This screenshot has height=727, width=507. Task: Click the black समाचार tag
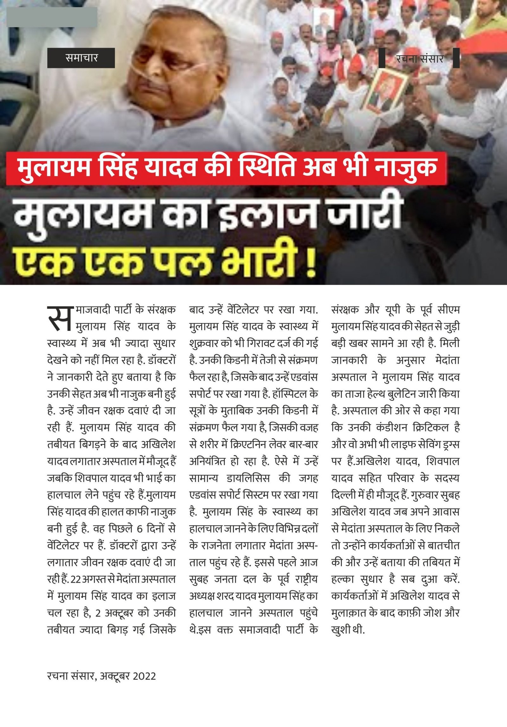click(x=81, y=58)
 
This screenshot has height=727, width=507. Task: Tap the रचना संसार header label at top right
click(x=419, y=58)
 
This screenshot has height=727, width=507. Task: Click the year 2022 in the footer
click(x=144, y=676)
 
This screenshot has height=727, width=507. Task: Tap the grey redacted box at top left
click(x=52, y=17)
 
